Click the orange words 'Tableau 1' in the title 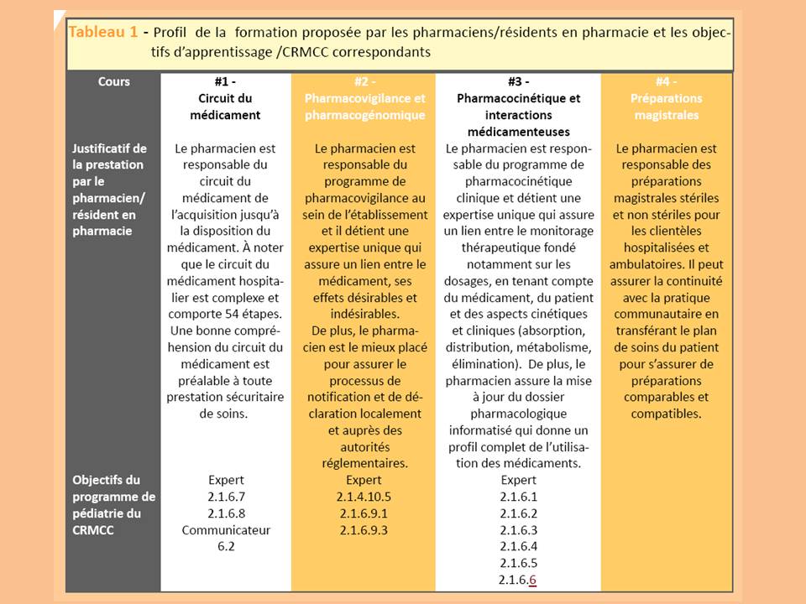(x=102, y=33)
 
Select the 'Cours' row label (x=113, y=82)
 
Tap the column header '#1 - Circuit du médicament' (x=225, y=99)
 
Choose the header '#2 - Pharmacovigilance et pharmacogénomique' (x=364, y=99)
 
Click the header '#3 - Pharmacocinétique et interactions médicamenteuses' (x=519, y=107)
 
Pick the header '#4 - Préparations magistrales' (x=666, y=99)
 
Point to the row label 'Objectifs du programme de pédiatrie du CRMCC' (x=113, y=505)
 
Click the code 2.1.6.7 (x=225, y=497)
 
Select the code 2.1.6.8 (x=225, y=513)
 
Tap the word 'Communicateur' (x=226, y=530)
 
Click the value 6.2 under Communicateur (x=225, y=547)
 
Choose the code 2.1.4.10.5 (x=364, y=497)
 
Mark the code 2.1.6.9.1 (x=364, y=513)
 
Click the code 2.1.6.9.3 (x=364, y=530)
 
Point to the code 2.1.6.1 (x=518, y=497)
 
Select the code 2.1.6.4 (x=518, y=546)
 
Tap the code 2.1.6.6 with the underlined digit (x=518, y=580)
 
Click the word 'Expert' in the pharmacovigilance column (x=364, y=481)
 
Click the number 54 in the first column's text (x=231, y=315)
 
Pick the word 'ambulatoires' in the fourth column (x=665, y=264)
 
